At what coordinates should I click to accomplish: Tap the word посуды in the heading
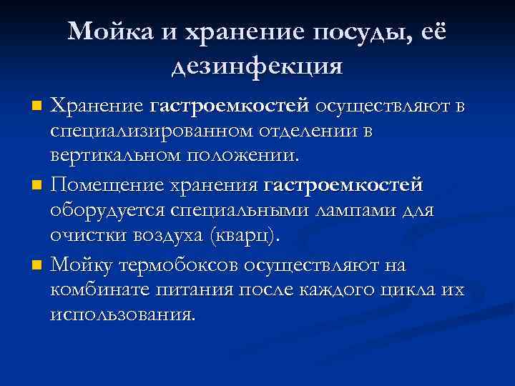pos(356,31)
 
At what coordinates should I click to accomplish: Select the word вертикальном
pos(114,154)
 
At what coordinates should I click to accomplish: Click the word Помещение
pos(107,186)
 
